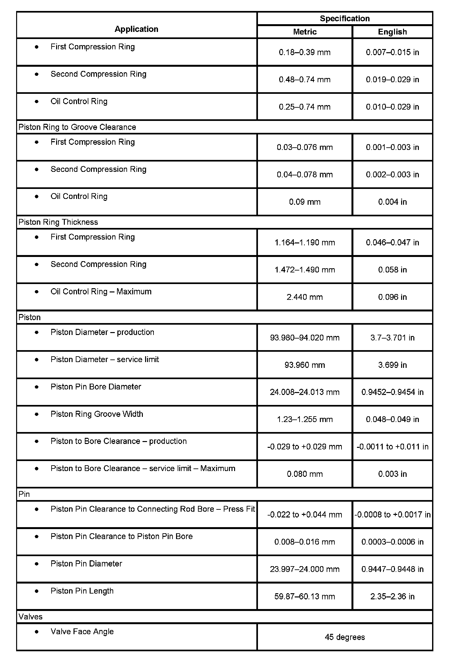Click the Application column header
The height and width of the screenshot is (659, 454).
coord(136,29)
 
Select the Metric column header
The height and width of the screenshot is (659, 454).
coord(305,32)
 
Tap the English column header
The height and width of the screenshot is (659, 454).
coord(392,32)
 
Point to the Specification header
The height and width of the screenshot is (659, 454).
coord(345,18)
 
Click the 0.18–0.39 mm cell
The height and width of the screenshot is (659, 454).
coord(305,52)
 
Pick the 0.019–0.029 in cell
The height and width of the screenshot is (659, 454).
coord(392,80)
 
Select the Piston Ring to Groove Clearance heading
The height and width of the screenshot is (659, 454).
coord(77,127)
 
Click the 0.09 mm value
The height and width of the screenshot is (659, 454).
coord(305,202)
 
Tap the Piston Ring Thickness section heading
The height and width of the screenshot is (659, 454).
coord(58,222)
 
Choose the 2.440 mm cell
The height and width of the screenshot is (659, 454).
coord(305,297)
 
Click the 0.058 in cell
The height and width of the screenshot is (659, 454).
coord(392,270)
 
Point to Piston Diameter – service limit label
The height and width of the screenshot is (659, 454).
coord(105,359)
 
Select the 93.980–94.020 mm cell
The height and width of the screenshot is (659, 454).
coord(305,338)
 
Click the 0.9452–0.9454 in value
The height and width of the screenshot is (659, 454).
coord(392,392)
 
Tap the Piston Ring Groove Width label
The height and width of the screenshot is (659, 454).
coord(97,414)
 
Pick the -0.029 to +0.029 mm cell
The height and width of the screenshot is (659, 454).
coord(305,447)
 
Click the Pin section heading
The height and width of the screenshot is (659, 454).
coord(24,494)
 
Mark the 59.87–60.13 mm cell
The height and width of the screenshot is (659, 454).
coord(305,596)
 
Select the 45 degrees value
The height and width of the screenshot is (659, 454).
coord(345,637)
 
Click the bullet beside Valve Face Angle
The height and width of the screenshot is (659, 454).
coord(37,632)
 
